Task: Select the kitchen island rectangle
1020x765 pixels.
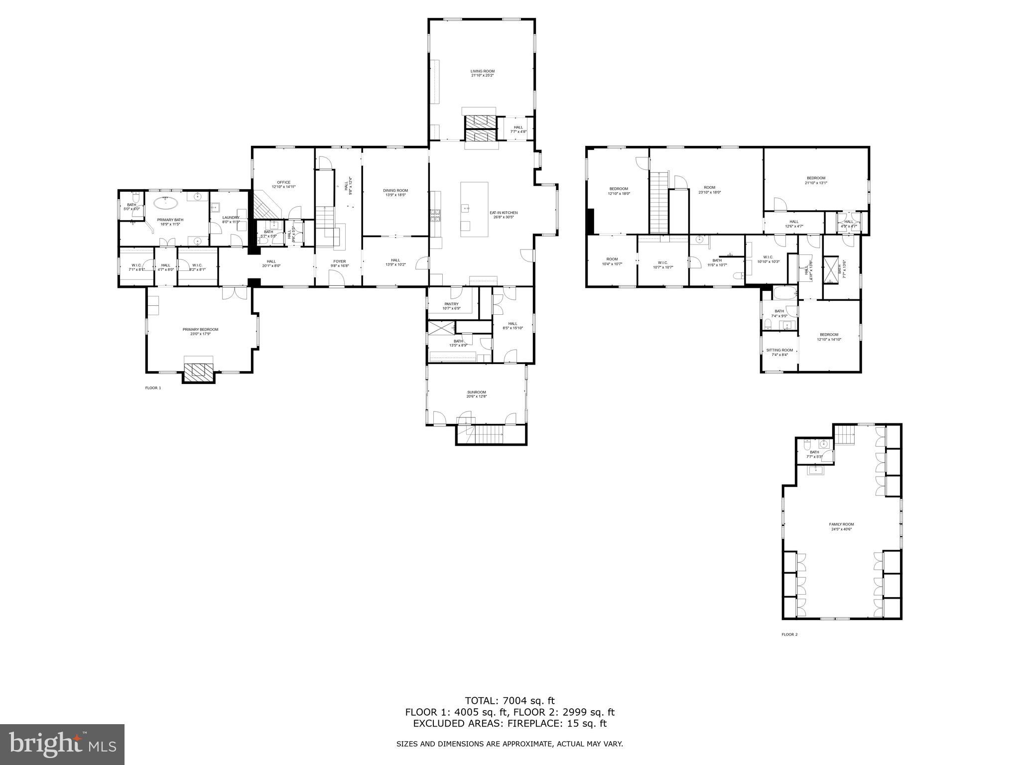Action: (474, 209)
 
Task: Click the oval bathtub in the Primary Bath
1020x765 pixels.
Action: (165, 203)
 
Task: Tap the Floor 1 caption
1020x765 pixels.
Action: (153, 387)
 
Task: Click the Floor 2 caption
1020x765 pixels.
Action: (789, 635)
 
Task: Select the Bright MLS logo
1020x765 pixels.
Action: (62, 745)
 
